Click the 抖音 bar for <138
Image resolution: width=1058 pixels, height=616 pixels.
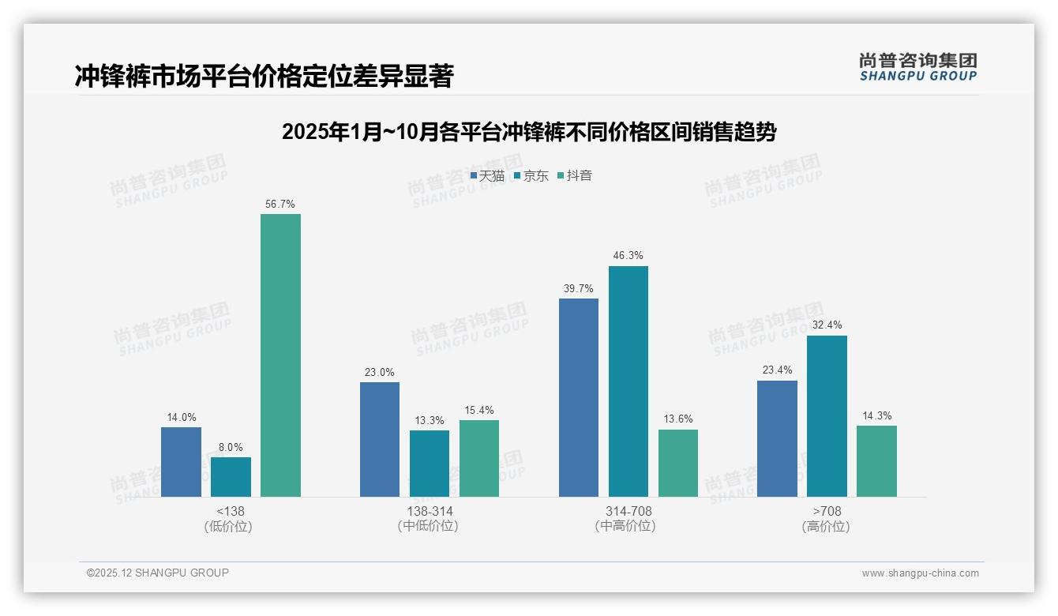pos(280,355)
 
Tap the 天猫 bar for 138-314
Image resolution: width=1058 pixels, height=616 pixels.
pos(380,439)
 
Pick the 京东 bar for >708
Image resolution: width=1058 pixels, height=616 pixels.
pos(827,416)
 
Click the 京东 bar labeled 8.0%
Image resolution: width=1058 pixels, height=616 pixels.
pos(231,477)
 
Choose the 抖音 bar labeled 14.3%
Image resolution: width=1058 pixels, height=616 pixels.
pos(876,461)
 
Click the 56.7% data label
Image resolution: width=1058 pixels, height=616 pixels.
pos(280,204)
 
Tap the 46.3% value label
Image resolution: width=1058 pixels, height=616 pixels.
pos(628,255)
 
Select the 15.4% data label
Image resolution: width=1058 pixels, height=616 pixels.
pos(479,410)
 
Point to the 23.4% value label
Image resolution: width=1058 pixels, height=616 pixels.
pos(777,370)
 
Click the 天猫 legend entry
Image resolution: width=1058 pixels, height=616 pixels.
pos(487,175)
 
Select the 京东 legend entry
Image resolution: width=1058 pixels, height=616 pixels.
pos(531,175)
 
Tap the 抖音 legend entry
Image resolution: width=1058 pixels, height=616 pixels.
pos(575,175)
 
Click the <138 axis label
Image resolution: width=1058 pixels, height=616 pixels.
pos(230,511)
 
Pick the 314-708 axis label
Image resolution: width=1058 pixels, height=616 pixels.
pos(628,511)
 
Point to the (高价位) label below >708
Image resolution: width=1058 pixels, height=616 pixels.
pos(827,526)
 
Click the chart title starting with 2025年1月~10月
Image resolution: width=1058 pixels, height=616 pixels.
pos(528,132)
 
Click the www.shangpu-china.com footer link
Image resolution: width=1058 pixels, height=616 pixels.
pos(920,573)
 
